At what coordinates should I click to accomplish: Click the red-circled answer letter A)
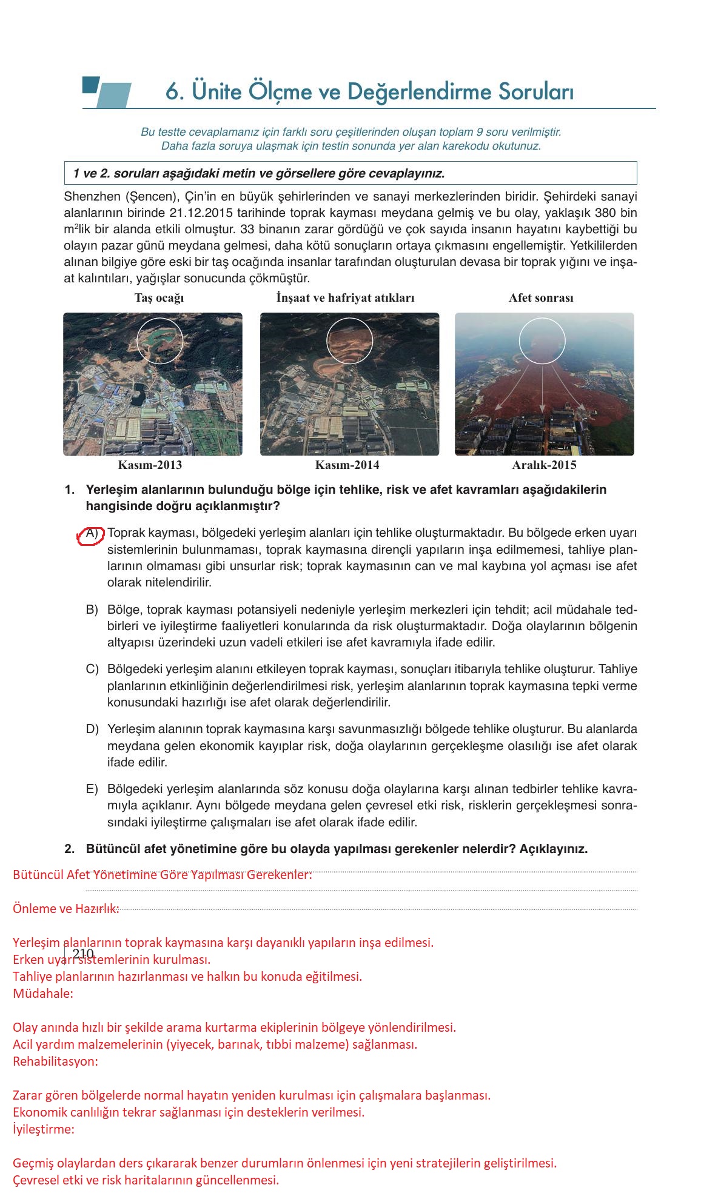[x=92, y=534]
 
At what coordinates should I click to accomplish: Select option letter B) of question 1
[x=92, y=609]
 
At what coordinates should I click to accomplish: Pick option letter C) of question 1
[x=92, y=669]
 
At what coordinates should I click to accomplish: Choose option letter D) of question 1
[x=92, y=729]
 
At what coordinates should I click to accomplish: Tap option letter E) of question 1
[x=92, y=789]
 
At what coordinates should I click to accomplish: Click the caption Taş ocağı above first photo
[x=159, y=298]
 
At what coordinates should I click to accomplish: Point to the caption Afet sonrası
[x=541, y=298]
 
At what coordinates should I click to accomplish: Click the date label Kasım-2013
[x=150, y=465]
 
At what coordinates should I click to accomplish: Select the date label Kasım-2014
[x=347, y=465]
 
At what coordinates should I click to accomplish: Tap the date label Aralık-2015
[x=544, y=465]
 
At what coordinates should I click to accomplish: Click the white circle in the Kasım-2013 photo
[x=160, y=340]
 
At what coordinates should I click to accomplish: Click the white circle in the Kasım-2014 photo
[x=349, y=340]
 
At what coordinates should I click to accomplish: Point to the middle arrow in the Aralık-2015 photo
[x=543, y=388]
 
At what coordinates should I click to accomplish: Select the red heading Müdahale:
[x=42, y=994]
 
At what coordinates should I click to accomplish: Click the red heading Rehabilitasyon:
[x=55, y=1061]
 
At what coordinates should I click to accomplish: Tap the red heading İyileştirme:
[x=44, y=1129]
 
